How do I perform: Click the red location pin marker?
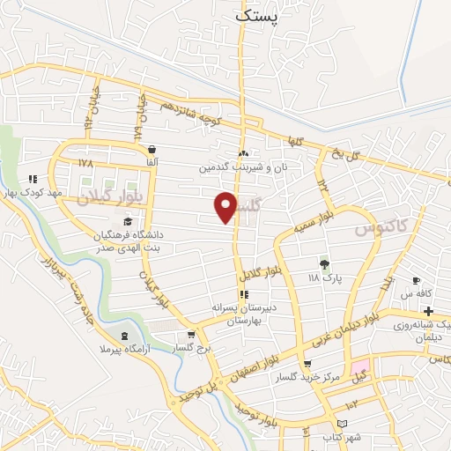coord(226,207)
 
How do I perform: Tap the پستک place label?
coord(262,14)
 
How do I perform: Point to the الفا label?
coord(153,163)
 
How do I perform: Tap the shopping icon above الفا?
coord(153,149)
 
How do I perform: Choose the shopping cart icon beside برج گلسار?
coord(191,335)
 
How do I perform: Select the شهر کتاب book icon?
coord(329,424)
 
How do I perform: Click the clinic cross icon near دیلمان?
coord(428,310)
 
